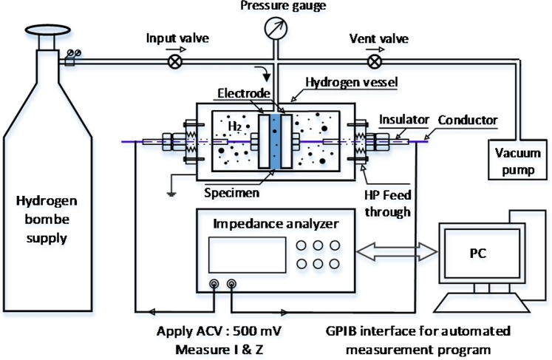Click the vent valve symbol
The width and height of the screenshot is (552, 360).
pos(375,62)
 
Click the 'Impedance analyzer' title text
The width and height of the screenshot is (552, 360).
pos(276,223)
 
